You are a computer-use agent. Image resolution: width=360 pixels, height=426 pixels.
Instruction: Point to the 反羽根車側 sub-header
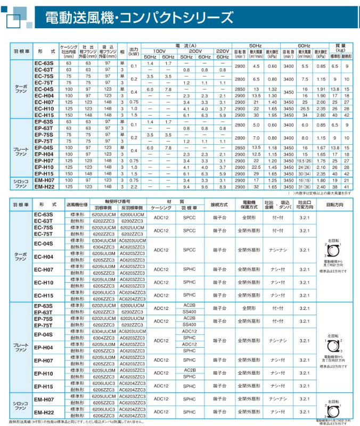[x=132, y=207]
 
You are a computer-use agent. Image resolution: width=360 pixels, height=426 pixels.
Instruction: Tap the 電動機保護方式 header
[x=249, y=204]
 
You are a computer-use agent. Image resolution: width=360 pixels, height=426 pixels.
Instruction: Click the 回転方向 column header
[x=334, y=204]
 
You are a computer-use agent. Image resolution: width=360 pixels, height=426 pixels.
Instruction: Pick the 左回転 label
[x=334, y=333]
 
